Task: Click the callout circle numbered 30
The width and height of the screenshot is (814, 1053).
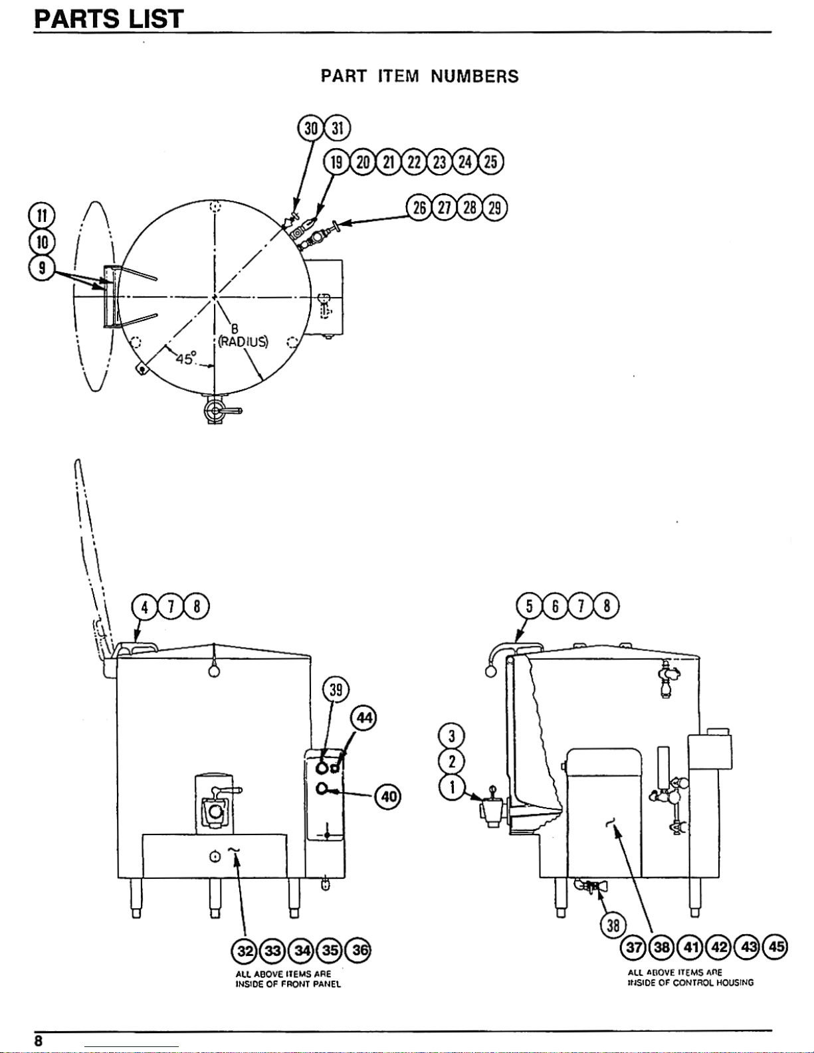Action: (x=310, y=128)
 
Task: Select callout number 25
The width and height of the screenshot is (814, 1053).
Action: (x=491, y=161)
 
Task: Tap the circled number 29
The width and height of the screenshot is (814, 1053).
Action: (x=494, y=207)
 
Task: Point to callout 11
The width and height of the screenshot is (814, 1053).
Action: (x=42, y=216)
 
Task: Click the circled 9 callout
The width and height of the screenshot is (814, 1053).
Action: (x=42, y=268)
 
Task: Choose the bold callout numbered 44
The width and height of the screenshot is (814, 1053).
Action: (x=364, y=718)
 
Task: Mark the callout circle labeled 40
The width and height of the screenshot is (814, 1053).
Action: (x=389, y=796)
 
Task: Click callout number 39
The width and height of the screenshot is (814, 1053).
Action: (x=336, y=690)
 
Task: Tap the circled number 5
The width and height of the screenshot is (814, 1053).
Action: (x=529, y=606)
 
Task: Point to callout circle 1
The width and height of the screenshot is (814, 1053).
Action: (x=452, y=787)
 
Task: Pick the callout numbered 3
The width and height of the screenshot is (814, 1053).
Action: (x=452, y=736)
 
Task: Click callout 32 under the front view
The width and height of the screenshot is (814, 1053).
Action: (x=245, y=950)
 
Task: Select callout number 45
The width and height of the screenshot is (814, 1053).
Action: (x=775, y=947)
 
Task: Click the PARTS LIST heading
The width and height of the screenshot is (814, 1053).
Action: (x=108, y=19)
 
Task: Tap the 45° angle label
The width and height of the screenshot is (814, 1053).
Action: (x=186, y=359)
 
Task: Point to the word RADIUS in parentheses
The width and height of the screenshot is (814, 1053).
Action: (x=243, y=341)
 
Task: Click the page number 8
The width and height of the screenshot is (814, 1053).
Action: (x=39, y=1041)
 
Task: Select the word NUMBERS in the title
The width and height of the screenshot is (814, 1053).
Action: (x=474, y=76)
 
